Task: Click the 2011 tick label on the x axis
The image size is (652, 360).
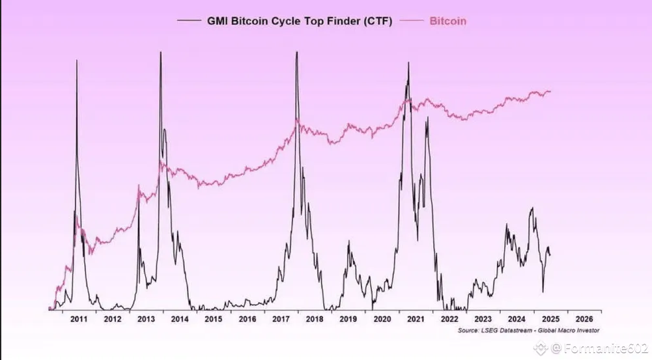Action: coord(79,319)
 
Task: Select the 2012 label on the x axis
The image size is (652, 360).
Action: coord(113,319)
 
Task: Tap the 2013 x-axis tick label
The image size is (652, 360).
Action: coord(147,319)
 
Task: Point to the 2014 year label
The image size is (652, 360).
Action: coord(180,319)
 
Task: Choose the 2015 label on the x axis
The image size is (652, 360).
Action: coord(214,319)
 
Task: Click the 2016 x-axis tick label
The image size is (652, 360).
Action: coord(248,319)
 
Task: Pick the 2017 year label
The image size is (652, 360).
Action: coord(281,319)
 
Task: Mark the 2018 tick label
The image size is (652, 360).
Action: coord(315,319)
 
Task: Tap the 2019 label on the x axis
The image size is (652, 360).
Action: coord(348,319)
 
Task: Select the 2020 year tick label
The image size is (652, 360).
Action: coord(382,319)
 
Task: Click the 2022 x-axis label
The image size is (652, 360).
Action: coord(449,319)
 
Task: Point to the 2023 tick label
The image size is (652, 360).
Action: coord(483,319)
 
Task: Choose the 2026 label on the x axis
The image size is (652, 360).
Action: coord(584,319)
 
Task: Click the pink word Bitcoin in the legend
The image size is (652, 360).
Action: coord(448,21)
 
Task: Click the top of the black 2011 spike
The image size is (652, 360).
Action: coord(77,60)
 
